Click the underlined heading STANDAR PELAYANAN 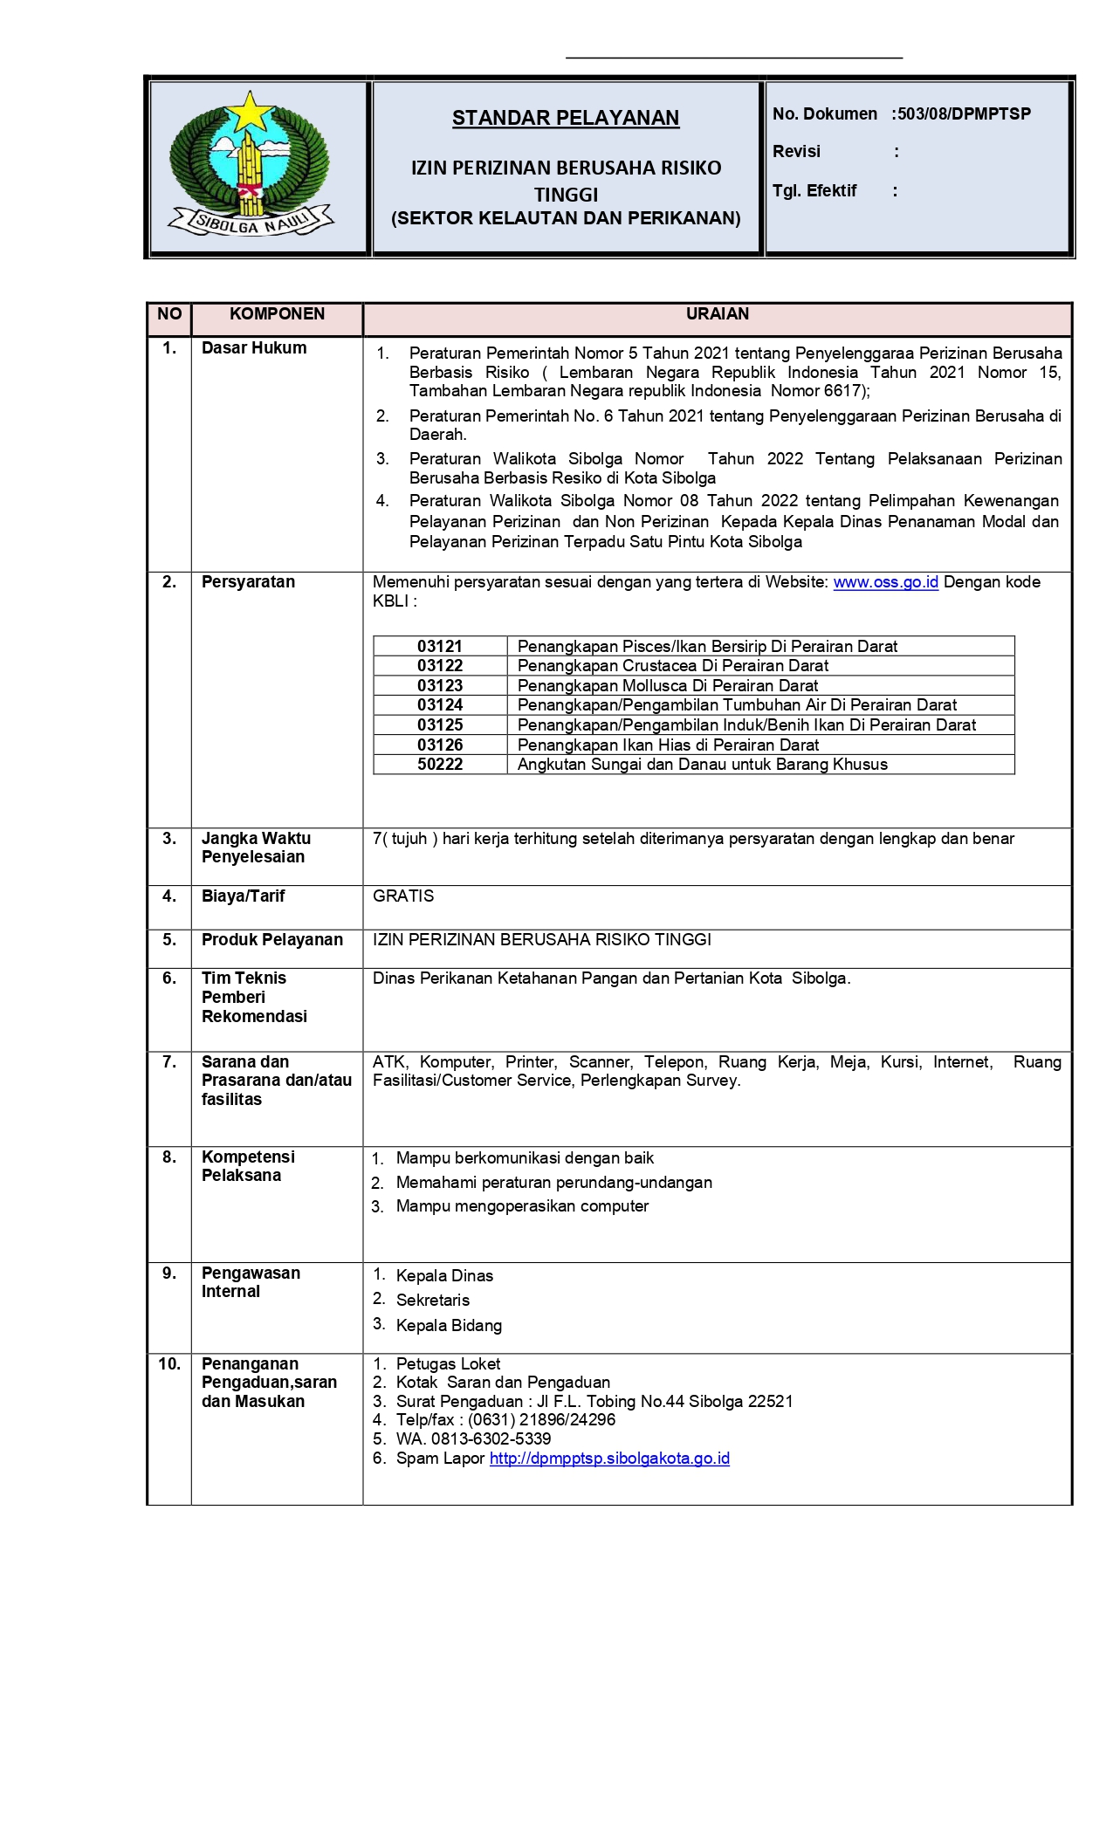pos(565,118)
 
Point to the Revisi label pos(796,152)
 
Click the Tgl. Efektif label pos(814,191)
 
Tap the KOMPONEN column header pos(277,314)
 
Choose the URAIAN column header pos(717,314)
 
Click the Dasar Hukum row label pos(254,348)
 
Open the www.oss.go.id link pos(885,582)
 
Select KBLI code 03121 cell pos(440,647)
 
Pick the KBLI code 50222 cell pos(440,765)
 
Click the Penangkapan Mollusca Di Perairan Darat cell pos(668,686)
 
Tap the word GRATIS pos(403,896)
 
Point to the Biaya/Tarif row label pos(243,896)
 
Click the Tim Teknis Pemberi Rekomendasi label pos(254,998)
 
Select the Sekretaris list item pos(433,1301)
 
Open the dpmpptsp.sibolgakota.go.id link pos(609,1459)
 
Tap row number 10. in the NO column pos(169,1364)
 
